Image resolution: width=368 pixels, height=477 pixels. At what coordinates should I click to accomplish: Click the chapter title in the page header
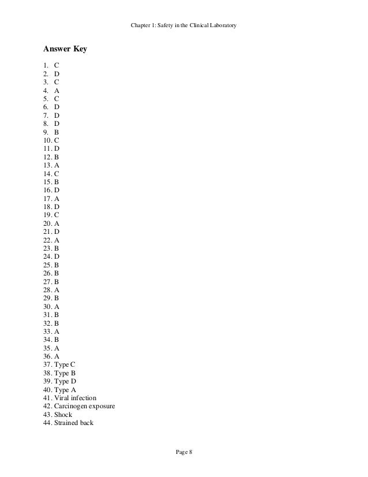tap(183, 25)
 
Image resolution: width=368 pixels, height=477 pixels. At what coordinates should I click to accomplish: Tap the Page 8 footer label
tap(183, 452)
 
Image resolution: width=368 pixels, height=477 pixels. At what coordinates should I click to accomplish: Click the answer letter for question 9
tap(57, 131)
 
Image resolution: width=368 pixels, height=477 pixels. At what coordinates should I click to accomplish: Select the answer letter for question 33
tap(57, 331)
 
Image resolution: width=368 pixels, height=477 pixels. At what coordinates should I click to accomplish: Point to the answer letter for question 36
tap(57, 356)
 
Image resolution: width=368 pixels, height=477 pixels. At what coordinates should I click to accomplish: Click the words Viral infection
tap(75, 398)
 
